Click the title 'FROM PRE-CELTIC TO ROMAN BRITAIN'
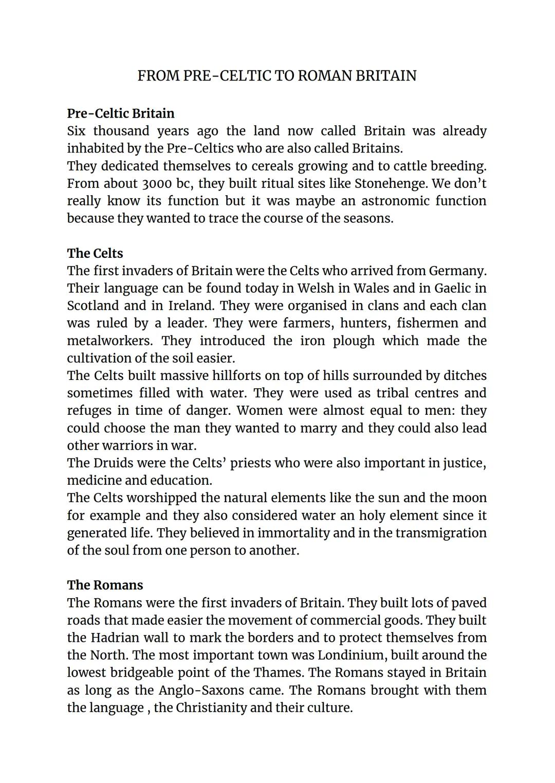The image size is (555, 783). (277, 76)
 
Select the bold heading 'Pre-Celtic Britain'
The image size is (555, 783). (121, 113)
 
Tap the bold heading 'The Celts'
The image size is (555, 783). (95, 254)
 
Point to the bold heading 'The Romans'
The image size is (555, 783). (105, 585)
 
